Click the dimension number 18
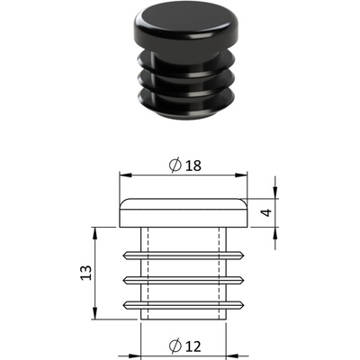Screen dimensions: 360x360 pyautogui.click(x=193, y=166)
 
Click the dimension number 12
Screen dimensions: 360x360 pyautogui.click(x=193, y=346)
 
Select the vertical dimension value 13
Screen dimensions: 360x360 pyautogui.click(x=86, y=273)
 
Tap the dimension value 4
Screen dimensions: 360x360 pyautogui.click(x=266, y=212)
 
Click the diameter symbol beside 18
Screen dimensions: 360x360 pyautogui.click(x=175, y=165)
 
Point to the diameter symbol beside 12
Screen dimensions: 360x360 pyautogui.click(x=175, y=346)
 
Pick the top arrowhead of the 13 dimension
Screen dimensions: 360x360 pyautogui.click(x=95, y=233)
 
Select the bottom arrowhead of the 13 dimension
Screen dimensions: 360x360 pyautogui.click(x=95, y=313)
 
